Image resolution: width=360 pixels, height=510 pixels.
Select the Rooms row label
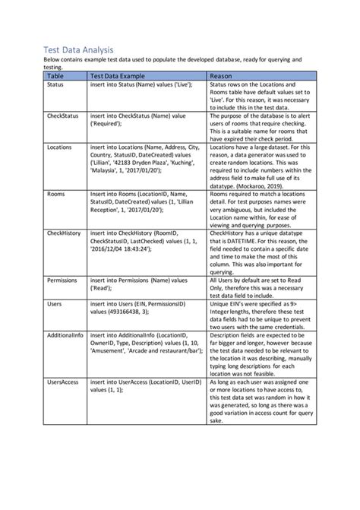pyautogui.click(x=57, y=195)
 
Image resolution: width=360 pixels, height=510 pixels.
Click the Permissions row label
pyautogui.click(x=64, y=280)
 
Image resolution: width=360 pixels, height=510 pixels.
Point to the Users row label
pyautogui.click(x=55, y=303)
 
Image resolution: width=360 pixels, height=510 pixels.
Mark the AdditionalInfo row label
pyautogui.click(x=66, y=335)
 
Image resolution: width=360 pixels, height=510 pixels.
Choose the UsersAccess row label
pyautogui.click(x=63, y=381)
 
